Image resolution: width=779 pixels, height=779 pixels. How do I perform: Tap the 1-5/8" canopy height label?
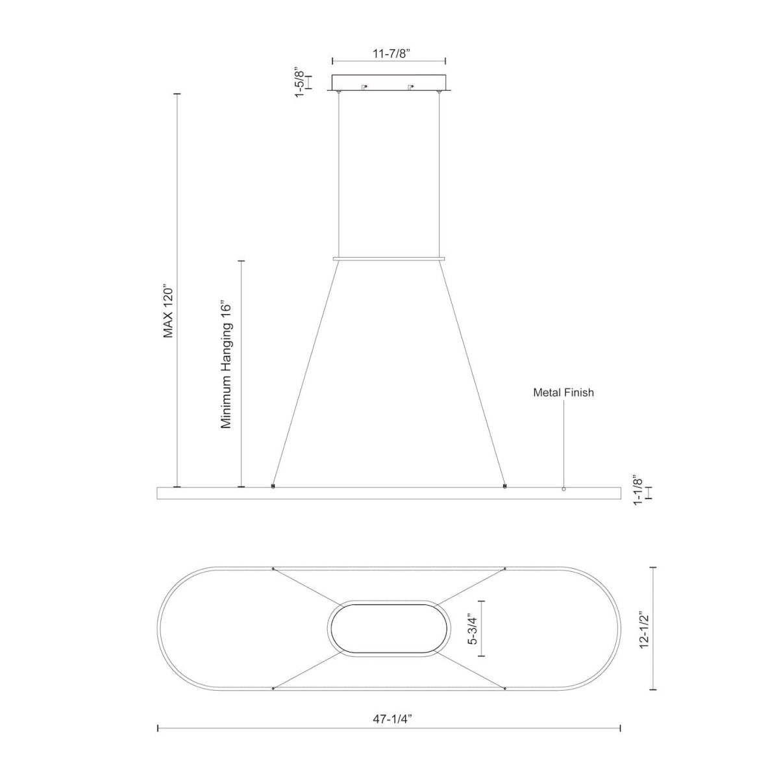tap(299, 82)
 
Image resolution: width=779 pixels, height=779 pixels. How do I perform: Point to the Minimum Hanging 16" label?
tap(226, 364)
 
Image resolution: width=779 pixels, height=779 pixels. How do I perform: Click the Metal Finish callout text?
tap(563, 393)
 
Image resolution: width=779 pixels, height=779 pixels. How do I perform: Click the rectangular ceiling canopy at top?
tap(388, 83)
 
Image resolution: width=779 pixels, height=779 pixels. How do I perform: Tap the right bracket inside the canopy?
tap(410, 86)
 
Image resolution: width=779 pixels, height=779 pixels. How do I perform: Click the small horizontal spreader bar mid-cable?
tap(388, 259)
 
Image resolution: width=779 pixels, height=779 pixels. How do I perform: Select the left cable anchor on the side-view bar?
tap(273, 485)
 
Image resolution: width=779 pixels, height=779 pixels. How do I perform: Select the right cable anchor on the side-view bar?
tap(504, 485)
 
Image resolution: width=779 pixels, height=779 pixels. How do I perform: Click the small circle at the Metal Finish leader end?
tap(563, 489)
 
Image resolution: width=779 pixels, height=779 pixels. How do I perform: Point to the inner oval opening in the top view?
tap(389, 628)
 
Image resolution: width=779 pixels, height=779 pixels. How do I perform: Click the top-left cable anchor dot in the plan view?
tap(273, 569)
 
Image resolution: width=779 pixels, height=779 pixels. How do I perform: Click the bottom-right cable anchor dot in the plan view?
tap(504, 688)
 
